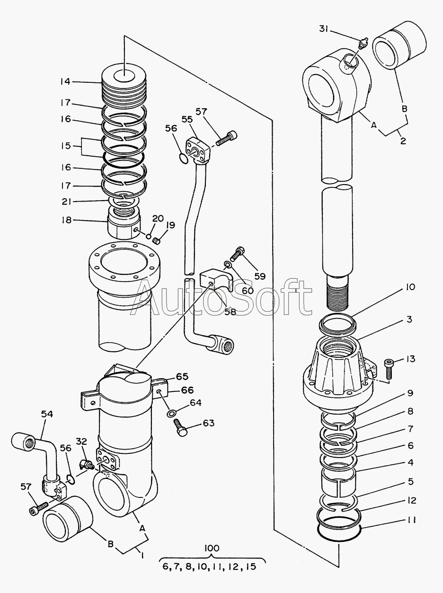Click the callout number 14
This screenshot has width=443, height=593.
pyautogui.click(x=65, y=81)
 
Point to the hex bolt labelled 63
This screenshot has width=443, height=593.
pyautogui.click(x=180, y=428)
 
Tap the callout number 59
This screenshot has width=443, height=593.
pyautogui.click(x=260, y=276)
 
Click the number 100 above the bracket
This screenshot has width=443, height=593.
pyautogui.click(x=212, y=548)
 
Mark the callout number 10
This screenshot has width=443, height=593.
pyautogui.click(x=409, y=287)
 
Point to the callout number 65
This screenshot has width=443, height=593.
pyautogui.click(x=182, y=377)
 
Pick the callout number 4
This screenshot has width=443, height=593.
pyautogui.click(x=410, y=462)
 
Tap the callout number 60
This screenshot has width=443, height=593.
pyautogui.click(x=248, y=290)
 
